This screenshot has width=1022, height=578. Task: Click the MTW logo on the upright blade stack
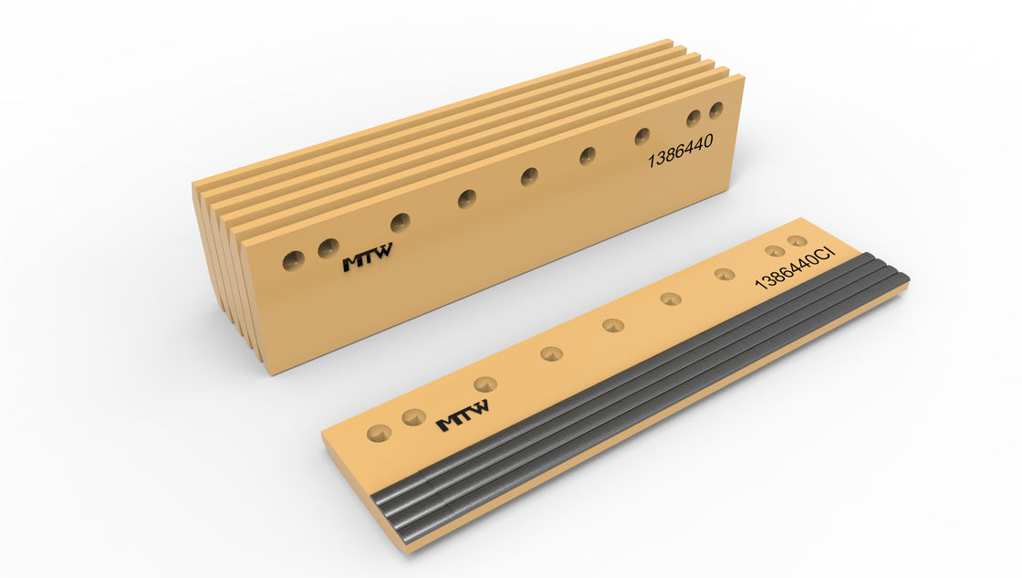click(368, 257)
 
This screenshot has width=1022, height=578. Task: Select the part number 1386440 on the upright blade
click(680, 151)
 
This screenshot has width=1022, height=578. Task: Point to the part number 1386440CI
click(795, 267)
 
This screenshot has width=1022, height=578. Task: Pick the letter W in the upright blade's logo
click(381, 250)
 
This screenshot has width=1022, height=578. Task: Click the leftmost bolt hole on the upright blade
click(293, 260)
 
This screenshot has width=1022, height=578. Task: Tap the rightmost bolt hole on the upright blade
click(715, 110)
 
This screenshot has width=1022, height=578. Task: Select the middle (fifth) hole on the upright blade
click(528, 176)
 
